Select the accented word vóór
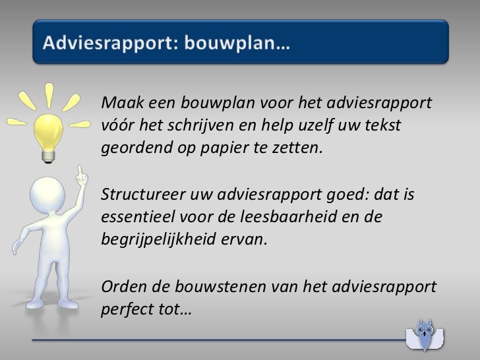point(116,125)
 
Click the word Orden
point(118,285)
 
